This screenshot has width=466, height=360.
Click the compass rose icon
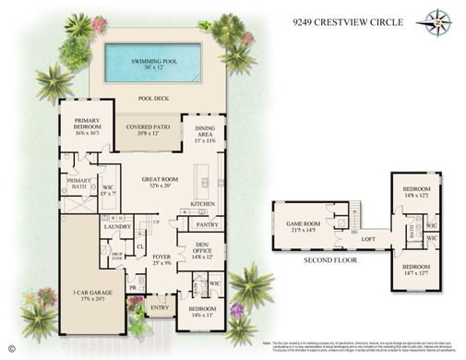coord(434,20)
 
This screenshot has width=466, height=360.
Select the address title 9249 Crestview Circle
coord(343,19)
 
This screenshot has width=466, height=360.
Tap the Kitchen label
coord(203,204)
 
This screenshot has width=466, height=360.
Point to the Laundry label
coord(117,226)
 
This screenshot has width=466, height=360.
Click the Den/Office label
coord(202,250)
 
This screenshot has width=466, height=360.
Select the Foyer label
coord(162,259)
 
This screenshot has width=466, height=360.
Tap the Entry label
coord(159,307)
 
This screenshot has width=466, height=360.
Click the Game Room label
coord(304,225)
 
